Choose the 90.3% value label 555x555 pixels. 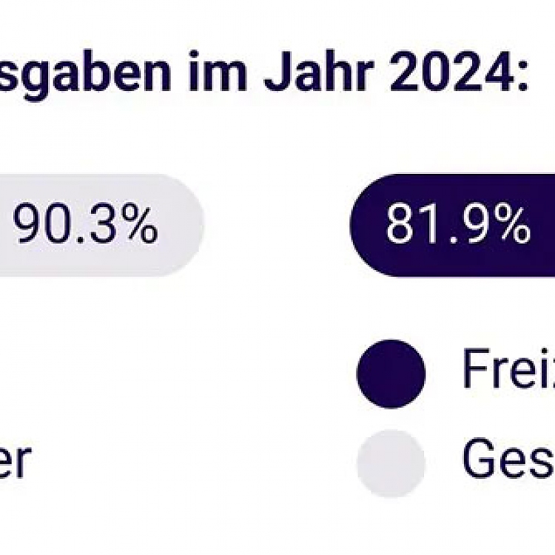(x=85, y=226)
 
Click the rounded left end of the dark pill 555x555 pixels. (x=361, y=226)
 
